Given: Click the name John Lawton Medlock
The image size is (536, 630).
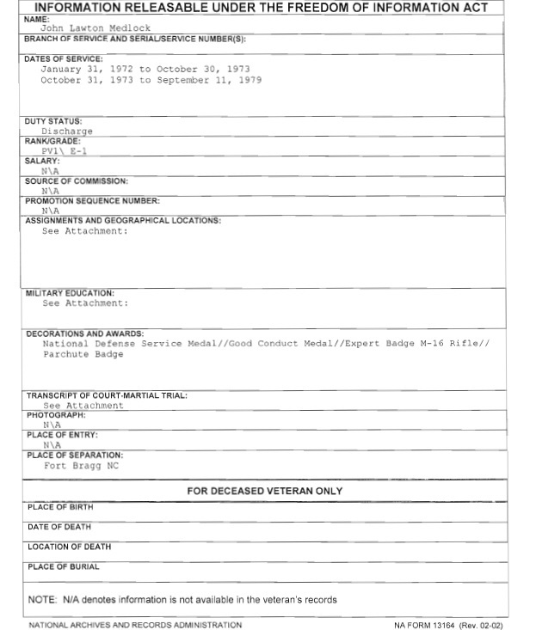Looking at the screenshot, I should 95,28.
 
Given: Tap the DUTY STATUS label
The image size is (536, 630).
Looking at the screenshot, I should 53,122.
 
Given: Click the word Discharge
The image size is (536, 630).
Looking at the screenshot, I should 66,132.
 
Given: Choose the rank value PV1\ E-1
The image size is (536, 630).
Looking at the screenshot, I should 64,150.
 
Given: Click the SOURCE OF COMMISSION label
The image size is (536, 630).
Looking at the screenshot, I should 77,181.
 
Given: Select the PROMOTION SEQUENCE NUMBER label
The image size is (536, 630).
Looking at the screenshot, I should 93,201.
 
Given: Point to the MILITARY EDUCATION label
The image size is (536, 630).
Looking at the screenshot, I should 70,293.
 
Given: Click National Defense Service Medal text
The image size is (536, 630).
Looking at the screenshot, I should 112,344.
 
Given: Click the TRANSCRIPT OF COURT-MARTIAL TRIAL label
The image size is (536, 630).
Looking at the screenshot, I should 107,395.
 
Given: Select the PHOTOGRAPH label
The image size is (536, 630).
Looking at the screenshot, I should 56,415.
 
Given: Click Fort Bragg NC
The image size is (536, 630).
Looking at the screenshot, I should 81,466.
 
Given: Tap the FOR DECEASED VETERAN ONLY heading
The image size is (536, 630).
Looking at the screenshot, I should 265,491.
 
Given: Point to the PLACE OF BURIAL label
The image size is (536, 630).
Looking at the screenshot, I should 64,566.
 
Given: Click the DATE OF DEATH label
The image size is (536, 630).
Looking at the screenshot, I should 59,527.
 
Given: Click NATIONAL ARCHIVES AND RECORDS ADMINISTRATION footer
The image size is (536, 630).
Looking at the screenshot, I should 135,625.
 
